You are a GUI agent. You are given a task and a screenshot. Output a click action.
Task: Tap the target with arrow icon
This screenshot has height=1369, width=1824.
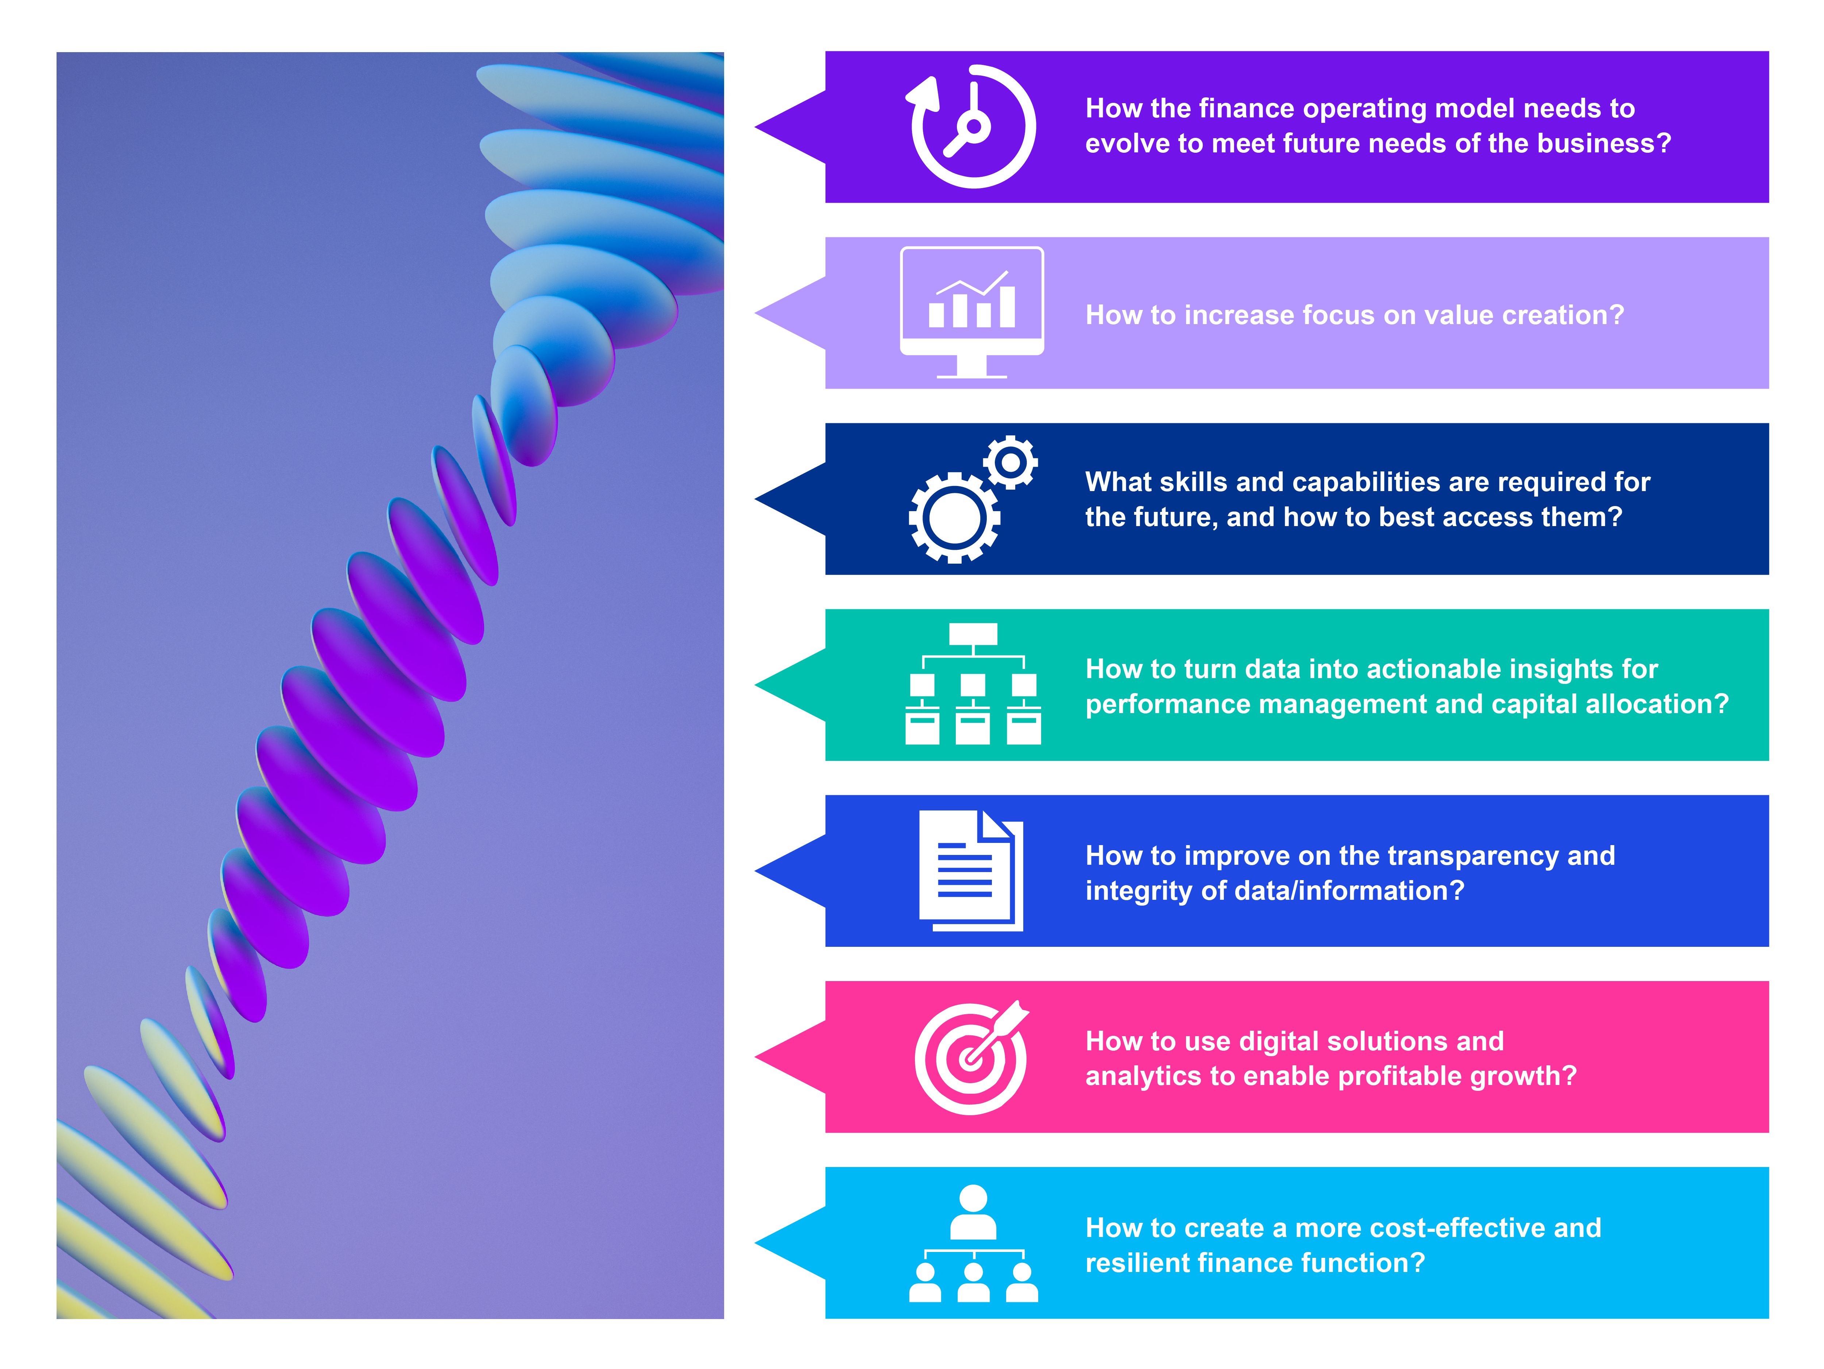[x=971, y=1057]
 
